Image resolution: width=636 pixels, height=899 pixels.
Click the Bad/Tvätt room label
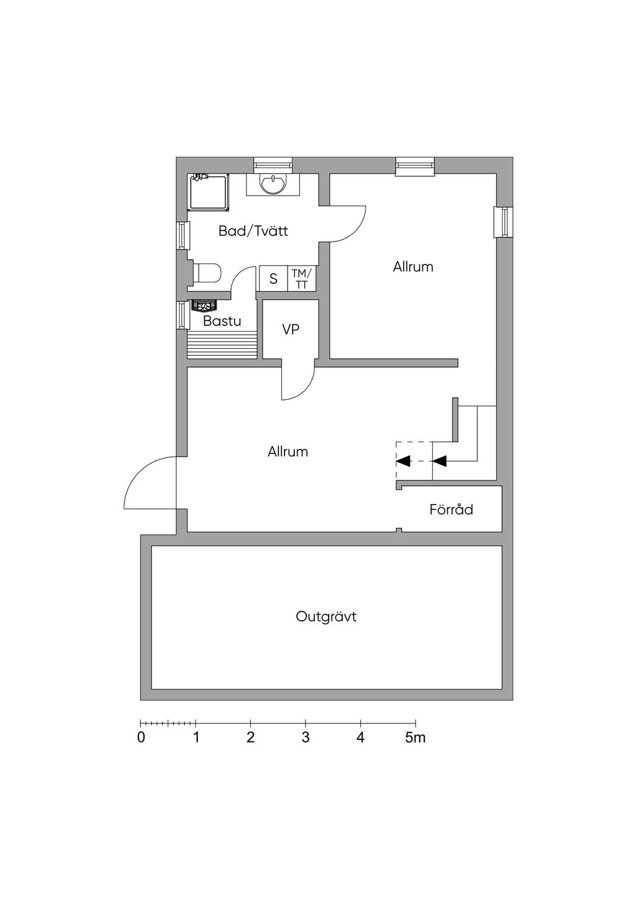(x=253, y=231)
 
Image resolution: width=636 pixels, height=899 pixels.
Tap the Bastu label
(x=222, y=321)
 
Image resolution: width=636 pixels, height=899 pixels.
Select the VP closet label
(x=291, y=330)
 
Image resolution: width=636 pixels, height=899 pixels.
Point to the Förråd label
(x=452, y=509)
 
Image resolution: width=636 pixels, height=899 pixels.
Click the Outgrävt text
(x=326, y=617)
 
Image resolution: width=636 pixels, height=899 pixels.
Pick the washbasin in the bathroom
(x=273, y=184)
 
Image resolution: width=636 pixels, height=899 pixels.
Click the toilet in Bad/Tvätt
(x=207, y=273)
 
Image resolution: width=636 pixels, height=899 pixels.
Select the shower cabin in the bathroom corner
(x=208, y=192)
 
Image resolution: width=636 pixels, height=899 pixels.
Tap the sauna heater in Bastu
(x=205, y=306)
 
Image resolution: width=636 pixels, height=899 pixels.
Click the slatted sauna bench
(x=222, y=345)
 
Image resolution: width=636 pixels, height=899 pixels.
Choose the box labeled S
(x=273, y=278)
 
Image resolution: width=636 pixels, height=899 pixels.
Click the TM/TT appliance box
(x=302, y=278)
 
